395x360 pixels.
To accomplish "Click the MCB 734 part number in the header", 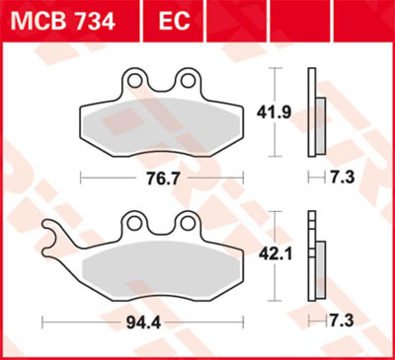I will tap(63, 21).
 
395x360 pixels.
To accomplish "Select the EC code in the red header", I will tap(174, 21).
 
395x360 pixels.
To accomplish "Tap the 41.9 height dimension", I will tap(273, 112).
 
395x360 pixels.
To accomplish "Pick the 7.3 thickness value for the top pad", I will tap(343, 177).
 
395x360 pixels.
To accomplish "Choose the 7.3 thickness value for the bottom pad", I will tap(343, 322).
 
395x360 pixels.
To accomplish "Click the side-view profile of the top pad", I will tap(311, 112).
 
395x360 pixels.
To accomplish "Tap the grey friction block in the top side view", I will tap(320, 124).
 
